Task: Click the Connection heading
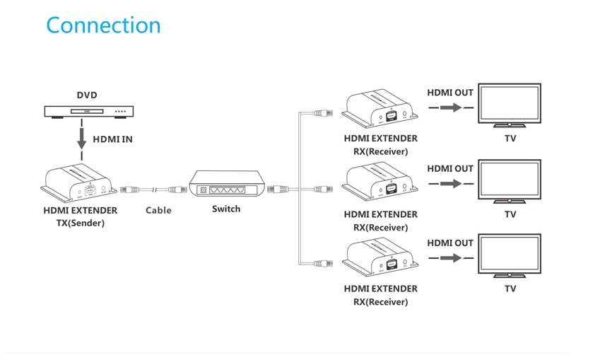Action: point(103,25)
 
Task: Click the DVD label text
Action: point(87,95)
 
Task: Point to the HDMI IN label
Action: point(112,140)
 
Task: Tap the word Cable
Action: point(158,210)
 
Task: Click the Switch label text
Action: point(226,209)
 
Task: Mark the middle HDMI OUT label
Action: point(450,169)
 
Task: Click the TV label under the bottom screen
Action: point(510,289)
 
